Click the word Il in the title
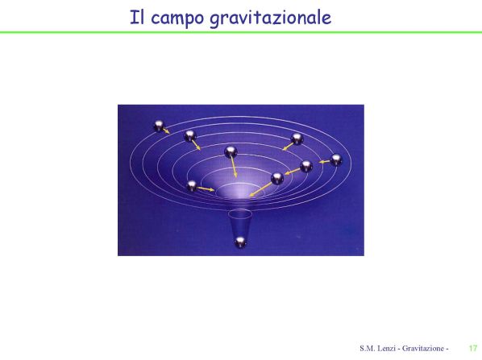[136, 17]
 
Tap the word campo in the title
[177, 19]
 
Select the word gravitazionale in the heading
[271, 19]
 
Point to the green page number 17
[473, 349]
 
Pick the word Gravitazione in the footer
[423, 349]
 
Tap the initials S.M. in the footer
[367, 349]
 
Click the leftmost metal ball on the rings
[159, 126]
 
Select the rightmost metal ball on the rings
[336, 159]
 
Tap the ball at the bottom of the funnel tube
[240, 242]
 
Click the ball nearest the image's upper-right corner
[297, 139]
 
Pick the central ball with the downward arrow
[231, 151]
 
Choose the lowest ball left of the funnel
[192, 186]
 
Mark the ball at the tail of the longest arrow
[277, 179]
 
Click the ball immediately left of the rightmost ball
[306, 167]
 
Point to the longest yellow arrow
[260, 189]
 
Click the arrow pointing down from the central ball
[234, 168]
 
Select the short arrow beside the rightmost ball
[324, 162]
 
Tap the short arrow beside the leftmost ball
[166, 130]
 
